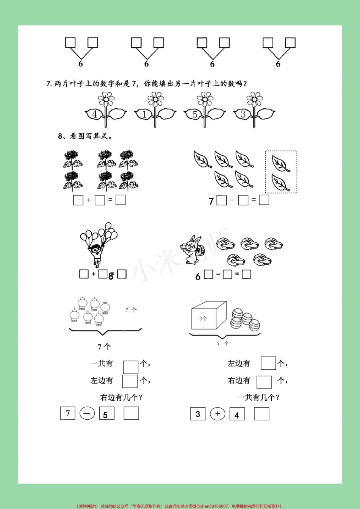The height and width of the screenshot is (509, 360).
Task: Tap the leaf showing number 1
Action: click(x=144, y=114)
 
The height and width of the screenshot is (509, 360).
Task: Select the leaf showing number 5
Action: click(x=194, y=114)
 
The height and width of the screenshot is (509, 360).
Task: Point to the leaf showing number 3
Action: click(x=243, y=114)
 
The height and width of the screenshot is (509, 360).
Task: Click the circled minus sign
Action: click(x=87, y=414)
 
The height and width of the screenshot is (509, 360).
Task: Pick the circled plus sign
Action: click(x=218, y=414)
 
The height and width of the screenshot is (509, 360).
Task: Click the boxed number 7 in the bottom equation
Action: click(x=68, y=413)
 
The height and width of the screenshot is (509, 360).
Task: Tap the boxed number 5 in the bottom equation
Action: click(x=106, y=414)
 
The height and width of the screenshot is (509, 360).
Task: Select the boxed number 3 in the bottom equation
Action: click(x=198, y=414)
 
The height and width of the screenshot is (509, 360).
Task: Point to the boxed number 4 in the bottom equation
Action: click(x=237, y=414)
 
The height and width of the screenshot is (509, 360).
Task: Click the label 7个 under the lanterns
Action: click(x=104, y=346)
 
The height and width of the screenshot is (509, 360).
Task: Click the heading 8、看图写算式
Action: click(x=85, y=136)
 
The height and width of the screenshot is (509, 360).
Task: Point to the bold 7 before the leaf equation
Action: click(x=211, y=201)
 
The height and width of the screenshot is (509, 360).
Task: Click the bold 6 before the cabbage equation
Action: click(x=198, y=276)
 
